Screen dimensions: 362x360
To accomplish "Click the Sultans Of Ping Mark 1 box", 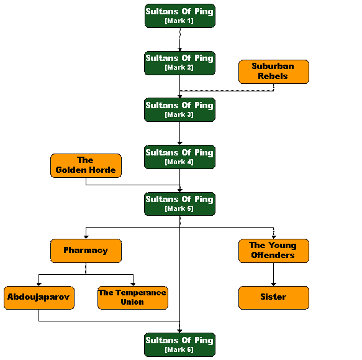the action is [180, 16].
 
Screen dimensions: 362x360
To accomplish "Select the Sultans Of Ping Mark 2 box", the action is [179, 63].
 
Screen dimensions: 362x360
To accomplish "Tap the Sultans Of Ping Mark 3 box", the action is [179, 109].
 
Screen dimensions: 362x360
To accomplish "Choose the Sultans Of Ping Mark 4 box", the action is [179, 157].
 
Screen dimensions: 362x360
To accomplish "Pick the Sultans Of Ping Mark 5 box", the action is [179, 204].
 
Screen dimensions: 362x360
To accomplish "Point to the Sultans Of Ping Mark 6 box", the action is [179, 344].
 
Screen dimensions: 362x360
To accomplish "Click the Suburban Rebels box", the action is [274, 72].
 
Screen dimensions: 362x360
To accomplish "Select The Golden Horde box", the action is [86, 165].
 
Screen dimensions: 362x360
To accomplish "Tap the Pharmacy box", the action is [86, 251].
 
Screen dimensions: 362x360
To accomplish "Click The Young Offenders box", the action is [274, 251].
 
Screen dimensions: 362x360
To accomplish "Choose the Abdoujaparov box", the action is [39, 298].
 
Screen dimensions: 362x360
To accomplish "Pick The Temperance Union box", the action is [133, 298].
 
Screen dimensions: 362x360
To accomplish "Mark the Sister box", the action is [274, 298].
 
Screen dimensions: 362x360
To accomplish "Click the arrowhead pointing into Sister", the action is [274, 284].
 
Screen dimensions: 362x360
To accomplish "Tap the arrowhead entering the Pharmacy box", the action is [86, 237].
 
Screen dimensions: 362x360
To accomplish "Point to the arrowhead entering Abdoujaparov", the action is [39, 284].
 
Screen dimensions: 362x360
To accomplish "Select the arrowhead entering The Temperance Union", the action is [133, 284].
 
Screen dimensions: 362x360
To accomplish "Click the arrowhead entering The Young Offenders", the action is [274, 237].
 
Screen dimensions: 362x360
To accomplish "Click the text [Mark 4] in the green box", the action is [179, 162].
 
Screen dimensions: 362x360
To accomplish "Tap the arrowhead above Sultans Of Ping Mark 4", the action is [180, 143].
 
